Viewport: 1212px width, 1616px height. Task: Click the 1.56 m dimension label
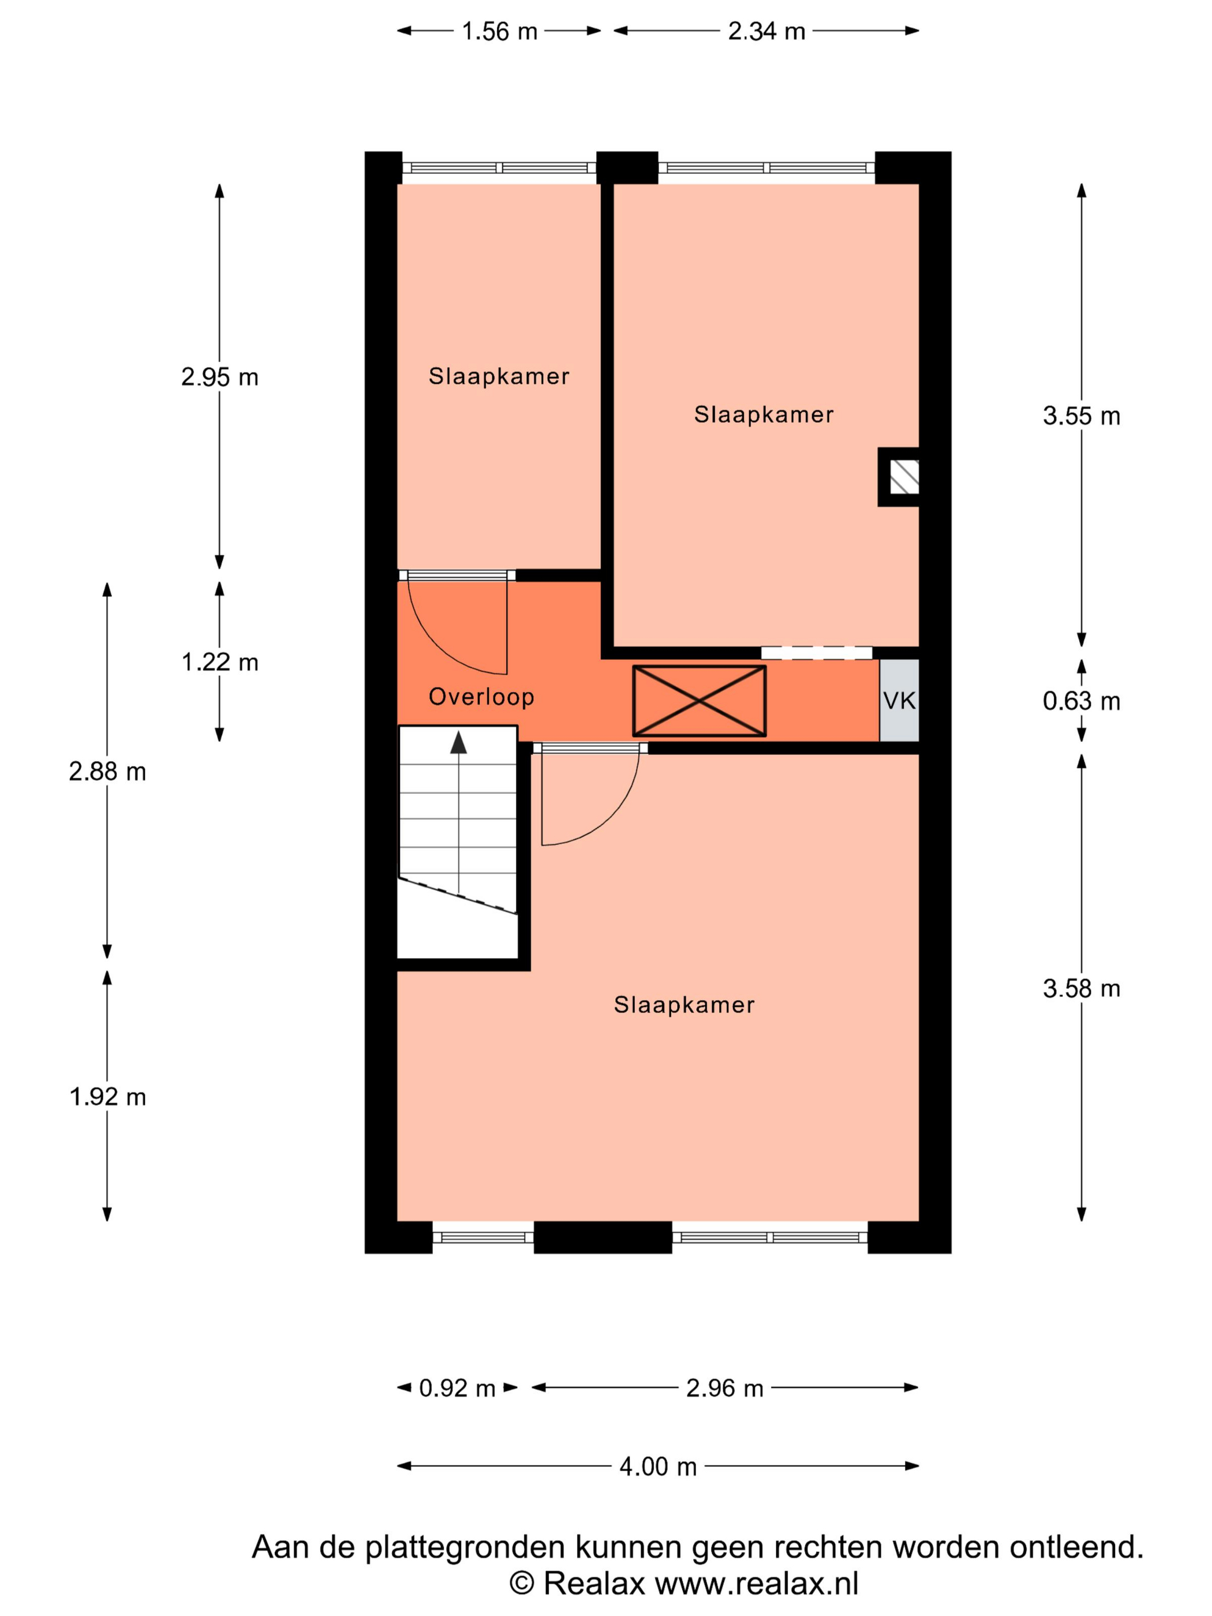tap(499, 31)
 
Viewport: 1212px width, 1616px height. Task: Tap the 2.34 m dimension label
tap(766, 31)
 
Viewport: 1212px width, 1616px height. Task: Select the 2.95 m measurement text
tap(219, 377)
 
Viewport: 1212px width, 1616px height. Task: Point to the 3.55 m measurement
tap(1081, 416)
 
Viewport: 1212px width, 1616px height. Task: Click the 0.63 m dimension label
tap(1081, 701)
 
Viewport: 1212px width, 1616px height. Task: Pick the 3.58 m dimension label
tap(1081, 989)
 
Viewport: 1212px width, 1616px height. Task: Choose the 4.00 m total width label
tap(657, 1467)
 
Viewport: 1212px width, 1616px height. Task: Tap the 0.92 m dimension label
tap(457, 1388)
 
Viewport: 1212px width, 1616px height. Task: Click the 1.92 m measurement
tap(107, 1097)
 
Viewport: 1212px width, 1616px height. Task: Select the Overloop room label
tap(481, 697)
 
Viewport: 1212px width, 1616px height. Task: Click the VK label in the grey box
tap(899, 701)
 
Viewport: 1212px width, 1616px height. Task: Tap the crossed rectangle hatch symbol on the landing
tap(699, 701)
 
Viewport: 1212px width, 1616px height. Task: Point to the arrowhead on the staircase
tap(458, 742)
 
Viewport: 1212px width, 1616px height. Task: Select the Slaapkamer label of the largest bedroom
tap(684, 1005)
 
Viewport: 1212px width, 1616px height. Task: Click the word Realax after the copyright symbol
tap(594, 1584)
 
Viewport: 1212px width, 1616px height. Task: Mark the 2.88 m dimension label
tap(107, 772)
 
